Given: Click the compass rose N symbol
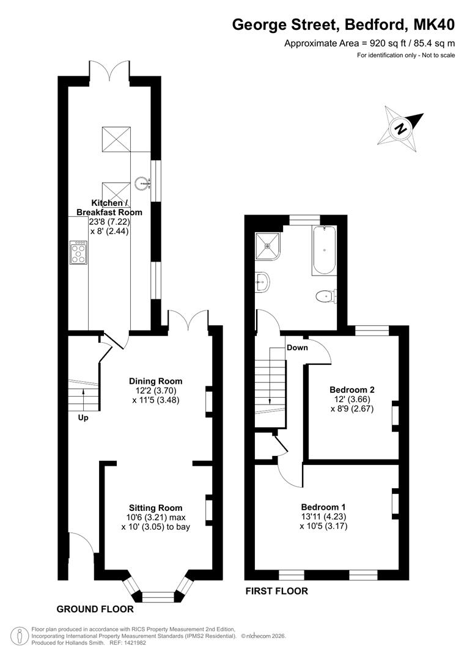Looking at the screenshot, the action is click(x=400, y=128).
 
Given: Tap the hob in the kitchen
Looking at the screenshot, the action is click(x=78, y=252).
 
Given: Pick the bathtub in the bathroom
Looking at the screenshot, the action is click(x=324, y=251).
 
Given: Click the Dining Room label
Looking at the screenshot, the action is click(x=156, y=381).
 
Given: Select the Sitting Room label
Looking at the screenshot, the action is click(x=156, y=508).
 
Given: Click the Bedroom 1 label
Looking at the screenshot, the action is click(x=323, y=507).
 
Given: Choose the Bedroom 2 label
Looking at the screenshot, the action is click(x=352, y=390).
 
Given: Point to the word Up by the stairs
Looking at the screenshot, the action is click(x=83, y=418).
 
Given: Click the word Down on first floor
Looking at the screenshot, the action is click(x=297, y=348).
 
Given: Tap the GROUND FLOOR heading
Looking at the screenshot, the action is click(x=95, y=609).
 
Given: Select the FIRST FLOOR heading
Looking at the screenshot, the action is click(x=277, y=591).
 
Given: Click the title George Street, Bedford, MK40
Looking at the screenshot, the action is click(x=344, y=25).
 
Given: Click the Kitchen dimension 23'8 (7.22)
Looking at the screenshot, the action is click(x=109, y=222).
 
